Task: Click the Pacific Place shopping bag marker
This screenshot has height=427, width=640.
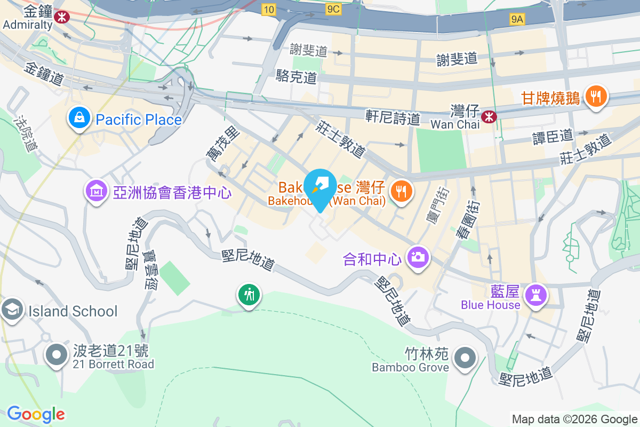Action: tap(79, 120)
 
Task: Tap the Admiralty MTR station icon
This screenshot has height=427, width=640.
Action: tap(63, 17)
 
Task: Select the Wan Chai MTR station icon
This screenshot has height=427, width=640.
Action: tap(488, 116)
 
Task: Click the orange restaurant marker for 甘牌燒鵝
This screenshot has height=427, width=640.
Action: tap(596, 97)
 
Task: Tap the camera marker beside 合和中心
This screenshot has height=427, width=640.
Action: tap(418, 258)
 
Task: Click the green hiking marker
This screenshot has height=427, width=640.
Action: tap(249, 294)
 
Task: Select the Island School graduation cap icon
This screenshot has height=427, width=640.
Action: tap(12, 310)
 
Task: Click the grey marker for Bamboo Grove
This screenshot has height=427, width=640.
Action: tap(466, 358)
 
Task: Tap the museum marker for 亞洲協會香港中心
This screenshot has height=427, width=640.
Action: tap(97, 190)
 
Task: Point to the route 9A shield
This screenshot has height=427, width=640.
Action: tap(517, 20)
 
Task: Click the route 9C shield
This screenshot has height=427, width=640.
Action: tap(334, 9)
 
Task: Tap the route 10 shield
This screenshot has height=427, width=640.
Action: tap(268, 9)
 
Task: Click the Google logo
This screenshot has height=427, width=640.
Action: tap(36, 414)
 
